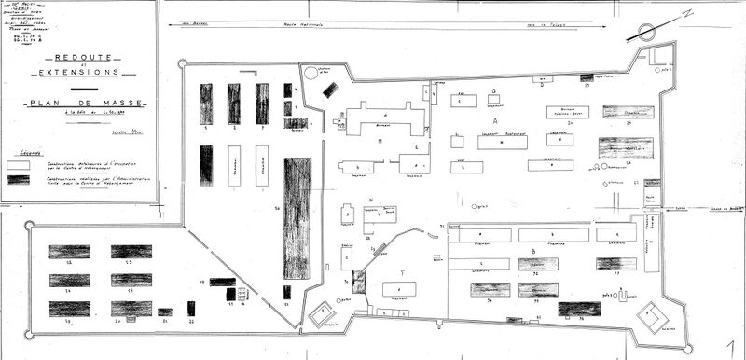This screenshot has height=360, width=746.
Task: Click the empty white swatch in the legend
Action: (18, 164)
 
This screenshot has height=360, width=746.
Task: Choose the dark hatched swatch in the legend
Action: (18, 178)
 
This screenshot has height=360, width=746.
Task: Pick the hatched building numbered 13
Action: (131, 252)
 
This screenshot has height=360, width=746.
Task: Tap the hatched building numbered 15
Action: (131, 280)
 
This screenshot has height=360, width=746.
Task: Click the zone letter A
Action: (495, 121)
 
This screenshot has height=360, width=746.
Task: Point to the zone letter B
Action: (532, 250)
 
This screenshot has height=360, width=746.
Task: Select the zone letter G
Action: (492, 91)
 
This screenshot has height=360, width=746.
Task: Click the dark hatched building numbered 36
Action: (578, 308)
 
